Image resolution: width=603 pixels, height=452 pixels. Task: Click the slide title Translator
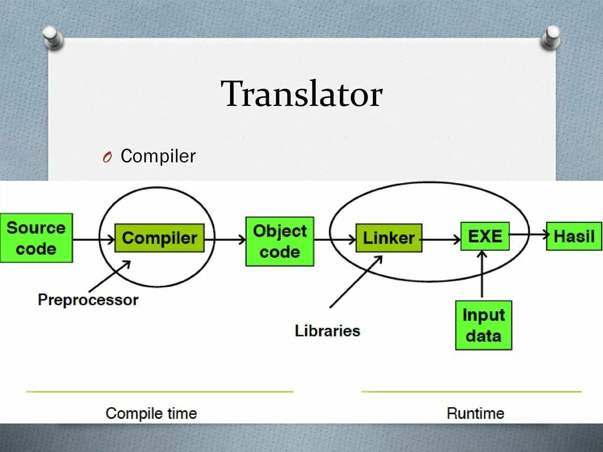click(301, 95)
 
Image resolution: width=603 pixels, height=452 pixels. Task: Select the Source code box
click(36, 238)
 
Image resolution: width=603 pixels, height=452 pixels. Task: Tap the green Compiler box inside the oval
click(159, 238)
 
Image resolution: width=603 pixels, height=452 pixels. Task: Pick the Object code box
click(280, 241)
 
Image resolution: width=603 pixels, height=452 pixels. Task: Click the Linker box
click(389, 238)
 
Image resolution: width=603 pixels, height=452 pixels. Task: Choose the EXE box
click(485, 237)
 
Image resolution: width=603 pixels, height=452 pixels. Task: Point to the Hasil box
click(574, 237)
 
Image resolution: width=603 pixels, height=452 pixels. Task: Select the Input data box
click(483, 325)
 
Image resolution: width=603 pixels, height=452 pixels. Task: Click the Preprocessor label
click(88, 300)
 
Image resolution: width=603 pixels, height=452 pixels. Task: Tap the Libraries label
click(327, 330)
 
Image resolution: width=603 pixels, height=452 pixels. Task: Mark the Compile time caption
click(151, 413)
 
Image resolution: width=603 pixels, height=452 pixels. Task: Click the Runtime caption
click(475, 413)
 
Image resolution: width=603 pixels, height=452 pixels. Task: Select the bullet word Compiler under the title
click(158, 157)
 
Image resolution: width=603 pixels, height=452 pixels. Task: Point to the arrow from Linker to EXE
click(442, 240)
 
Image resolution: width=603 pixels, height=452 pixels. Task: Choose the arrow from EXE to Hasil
click(528, 235)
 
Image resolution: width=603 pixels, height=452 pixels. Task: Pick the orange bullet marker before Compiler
click(106, 158)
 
